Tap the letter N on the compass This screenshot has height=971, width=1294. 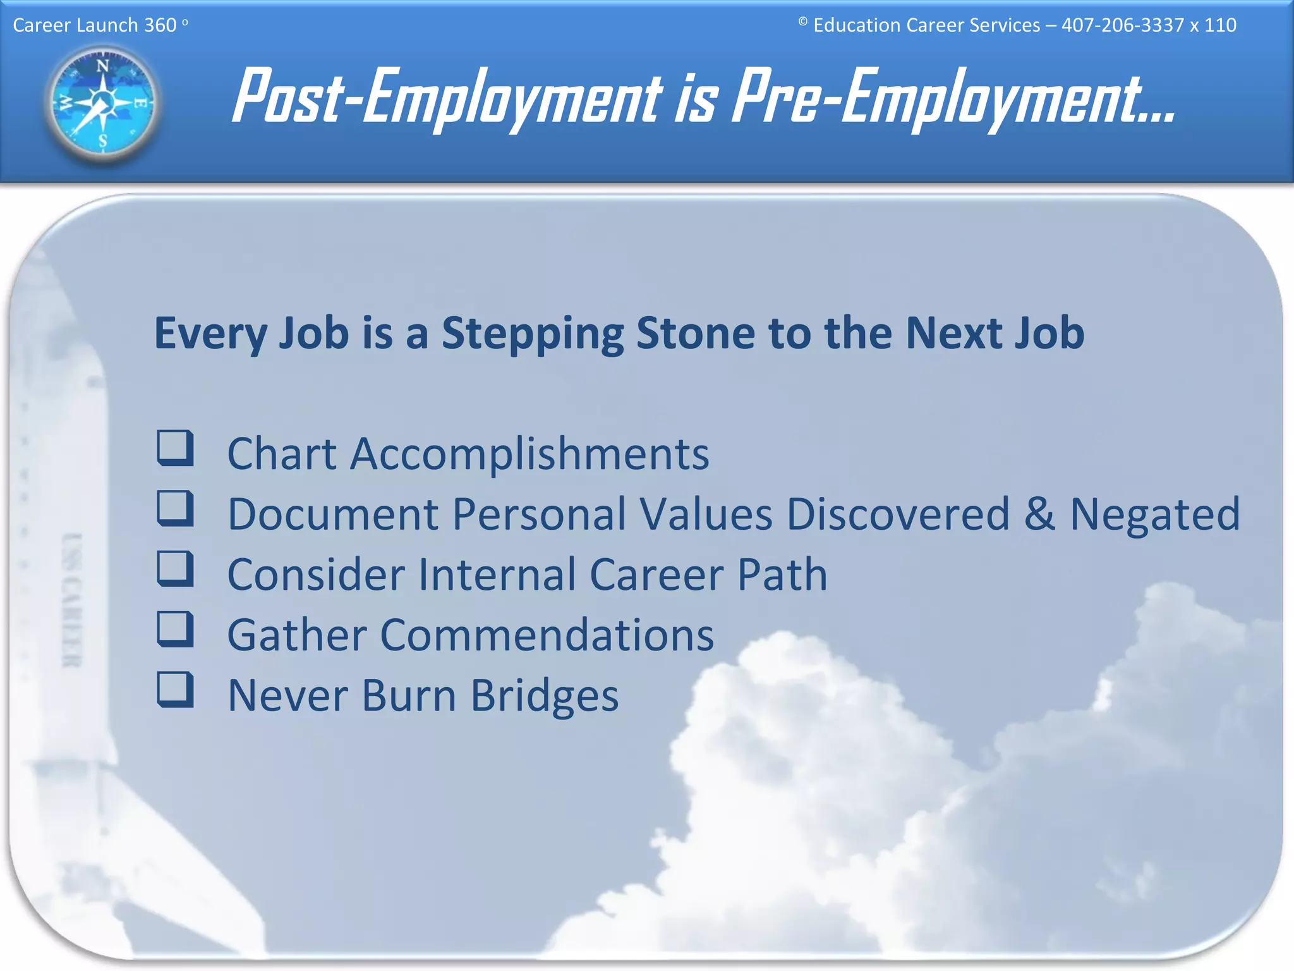pyautogui.click(x=102, y=66)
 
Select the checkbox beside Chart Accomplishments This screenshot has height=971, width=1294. pyautogui.click(x=175, y=448)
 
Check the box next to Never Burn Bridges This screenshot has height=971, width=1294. pyautogui.click(x=175, y=689)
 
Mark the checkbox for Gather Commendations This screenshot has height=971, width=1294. pyautogui.click(x=175, y=629)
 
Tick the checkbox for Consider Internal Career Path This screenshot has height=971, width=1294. pyautogui.click(x=175, y=568)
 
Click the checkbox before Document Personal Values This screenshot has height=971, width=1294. pyautogui.click(x=175, y=508)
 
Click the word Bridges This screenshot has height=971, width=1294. pyautogui.click(x=545, y=695)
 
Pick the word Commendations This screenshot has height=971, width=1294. pyautogui.click(x=547, y=635)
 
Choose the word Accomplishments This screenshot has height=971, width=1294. pyautogui.click(x=529, y=454)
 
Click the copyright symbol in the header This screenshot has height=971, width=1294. pyautogui.click(x=802, y=22)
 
